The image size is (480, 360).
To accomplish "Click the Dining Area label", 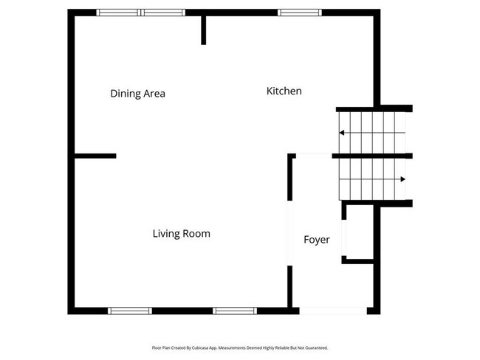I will coord(137,94).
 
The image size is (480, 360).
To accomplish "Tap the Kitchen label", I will coord(284,91).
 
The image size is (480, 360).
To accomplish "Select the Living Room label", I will coord(181,234).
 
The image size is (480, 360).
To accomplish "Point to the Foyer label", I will coord(317,240).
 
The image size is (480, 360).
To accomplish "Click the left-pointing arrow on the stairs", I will coord(343,133).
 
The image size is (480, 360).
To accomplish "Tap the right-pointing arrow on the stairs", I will coord(402,179).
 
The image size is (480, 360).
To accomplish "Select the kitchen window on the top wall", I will coord(300,13).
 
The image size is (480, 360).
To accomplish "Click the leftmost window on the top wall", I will coord(119,13).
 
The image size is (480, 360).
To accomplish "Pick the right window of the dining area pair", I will coord(163,13).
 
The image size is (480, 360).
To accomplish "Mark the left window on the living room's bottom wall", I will coord(130,311).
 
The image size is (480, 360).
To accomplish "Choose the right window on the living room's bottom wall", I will coord(235,311).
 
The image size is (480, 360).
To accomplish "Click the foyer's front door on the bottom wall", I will coord(332,311).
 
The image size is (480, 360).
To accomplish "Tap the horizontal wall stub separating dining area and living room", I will coord(95,156).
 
